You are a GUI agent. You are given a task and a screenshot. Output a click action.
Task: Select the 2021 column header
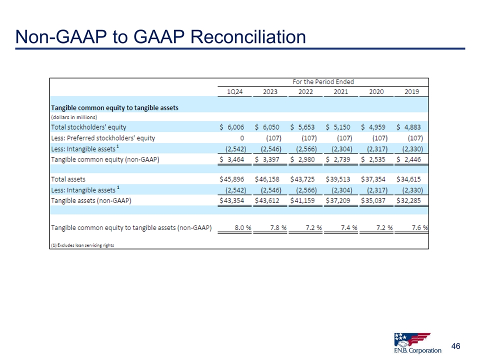pos(341,91)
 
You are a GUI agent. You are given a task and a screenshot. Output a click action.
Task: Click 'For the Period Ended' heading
pos(323,81)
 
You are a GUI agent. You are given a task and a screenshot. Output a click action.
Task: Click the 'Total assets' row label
pos(68,178)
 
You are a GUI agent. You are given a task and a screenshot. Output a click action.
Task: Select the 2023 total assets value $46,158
pos(269,178)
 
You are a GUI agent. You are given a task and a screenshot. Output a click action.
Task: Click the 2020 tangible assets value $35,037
pos(376,200)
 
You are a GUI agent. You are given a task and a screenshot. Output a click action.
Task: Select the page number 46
pos(455,346)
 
